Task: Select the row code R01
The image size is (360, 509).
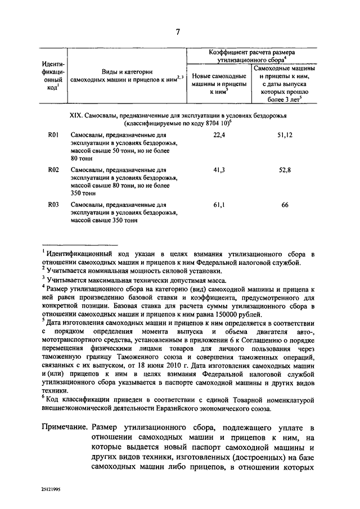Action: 54,136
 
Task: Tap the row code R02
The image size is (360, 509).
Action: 54,170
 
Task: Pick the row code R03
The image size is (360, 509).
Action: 54,205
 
